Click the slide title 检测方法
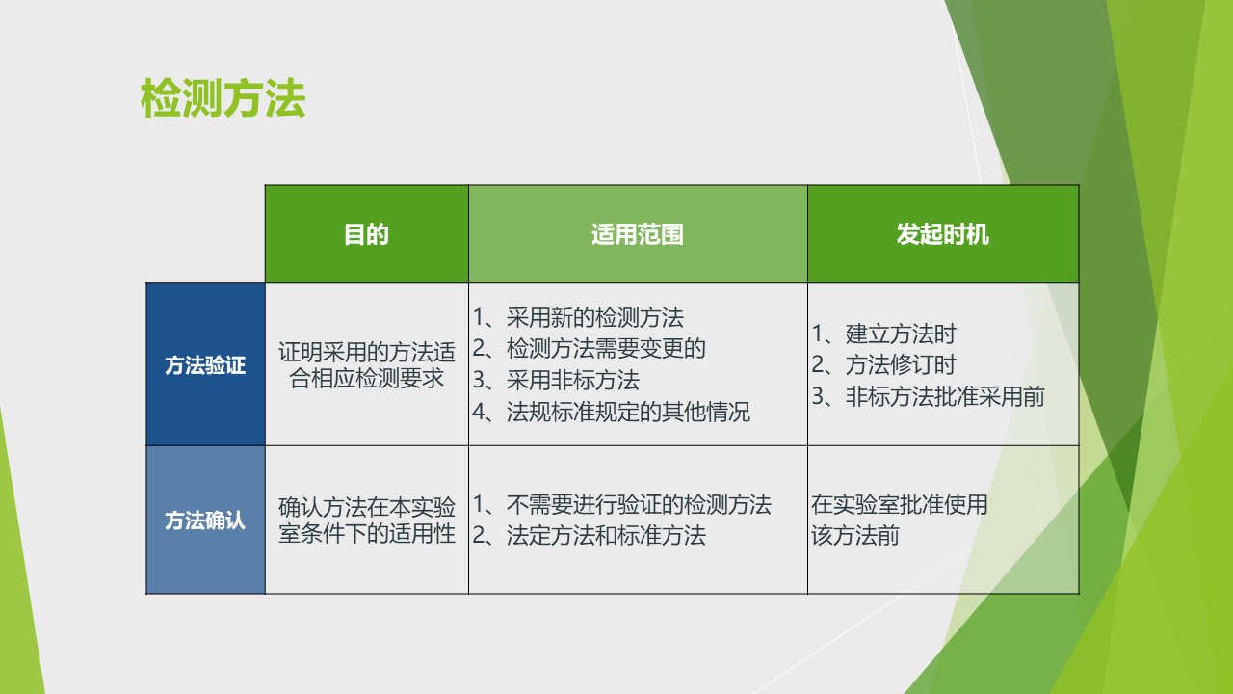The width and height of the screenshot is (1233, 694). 223,98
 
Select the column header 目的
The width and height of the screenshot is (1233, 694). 366,234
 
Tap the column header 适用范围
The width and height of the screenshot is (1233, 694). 638,234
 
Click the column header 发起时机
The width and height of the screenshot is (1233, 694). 942,234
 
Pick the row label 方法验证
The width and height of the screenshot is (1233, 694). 205,365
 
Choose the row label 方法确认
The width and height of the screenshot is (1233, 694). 205,520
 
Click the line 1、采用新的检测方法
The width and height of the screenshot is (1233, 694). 578,317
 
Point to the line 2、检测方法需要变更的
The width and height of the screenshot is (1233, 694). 589,348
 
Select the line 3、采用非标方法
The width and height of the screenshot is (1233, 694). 556,380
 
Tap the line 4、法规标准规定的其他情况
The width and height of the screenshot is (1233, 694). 611,412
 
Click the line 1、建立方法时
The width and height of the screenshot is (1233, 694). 884,334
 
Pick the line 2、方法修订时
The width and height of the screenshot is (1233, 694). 884,364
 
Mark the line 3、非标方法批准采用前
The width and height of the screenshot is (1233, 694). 928,396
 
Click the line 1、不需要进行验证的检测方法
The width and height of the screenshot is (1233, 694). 622,504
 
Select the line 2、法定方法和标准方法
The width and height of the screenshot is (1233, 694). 589,535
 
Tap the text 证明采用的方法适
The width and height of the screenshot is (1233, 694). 367,352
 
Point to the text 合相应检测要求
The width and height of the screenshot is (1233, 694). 367,379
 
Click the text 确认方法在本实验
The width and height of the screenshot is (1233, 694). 367,507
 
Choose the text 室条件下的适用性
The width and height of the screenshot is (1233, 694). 367,533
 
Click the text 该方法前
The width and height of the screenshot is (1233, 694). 855,535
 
